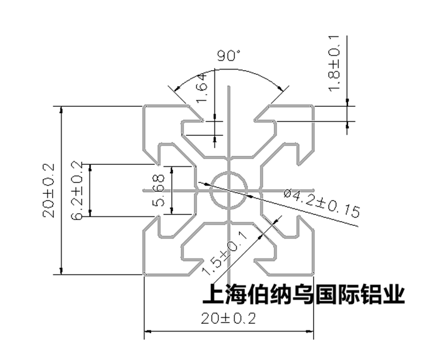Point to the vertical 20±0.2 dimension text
[x=49, y=190]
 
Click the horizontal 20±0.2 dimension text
[x=230, y=319]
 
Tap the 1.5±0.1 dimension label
[x=224, y=253]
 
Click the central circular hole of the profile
[x=229, y=190]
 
